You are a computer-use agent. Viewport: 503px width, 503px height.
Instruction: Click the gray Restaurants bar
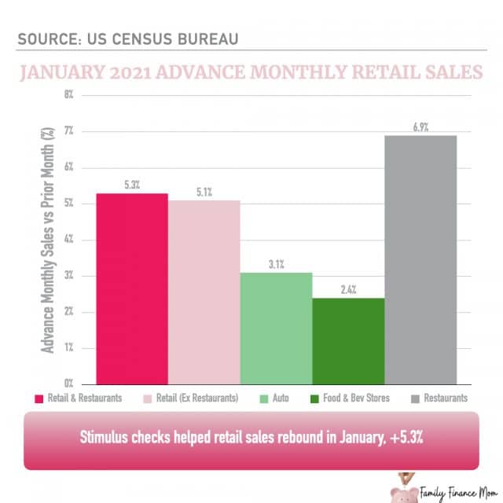(420, 259)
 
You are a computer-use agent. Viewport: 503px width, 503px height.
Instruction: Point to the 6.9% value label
(420, 127)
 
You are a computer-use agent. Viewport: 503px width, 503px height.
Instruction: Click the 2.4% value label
(348, 289)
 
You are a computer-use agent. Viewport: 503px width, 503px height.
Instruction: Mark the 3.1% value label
(276, 264)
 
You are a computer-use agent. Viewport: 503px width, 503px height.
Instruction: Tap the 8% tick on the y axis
(69, 94)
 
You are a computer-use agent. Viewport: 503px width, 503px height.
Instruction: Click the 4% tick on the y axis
(69, 239)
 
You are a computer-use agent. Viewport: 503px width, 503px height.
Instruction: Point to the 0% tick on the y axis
(69, 383)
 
